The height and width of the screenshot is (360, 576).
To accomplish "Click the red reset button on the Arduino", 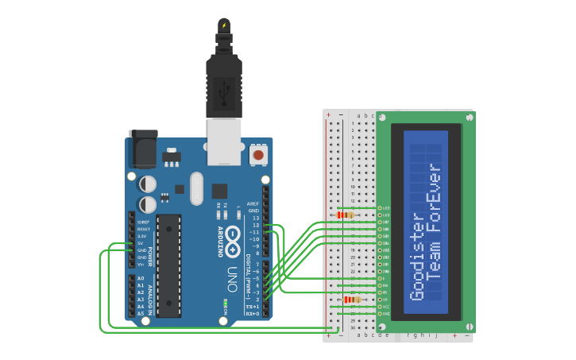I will coord(258,154).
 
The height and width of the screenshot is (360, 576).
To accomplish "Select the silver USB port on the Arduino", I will coord(223,141).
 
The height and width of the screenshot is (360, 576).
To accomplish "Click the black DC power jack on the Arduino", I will coord(143,149).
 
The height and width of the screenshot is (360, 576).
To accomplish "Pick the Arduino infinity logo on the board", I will coord(233,241).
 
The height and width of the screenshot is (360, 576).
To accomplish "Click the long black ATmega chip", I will coord(168,265).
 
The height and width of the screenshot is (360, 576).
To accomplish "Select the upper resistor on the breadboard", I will coord(346,215).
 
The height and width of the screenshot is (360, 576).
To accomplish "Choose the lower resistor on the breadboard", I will coord(353,300).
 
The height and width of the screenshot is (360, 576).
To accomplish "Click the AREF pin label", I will coord(253,203).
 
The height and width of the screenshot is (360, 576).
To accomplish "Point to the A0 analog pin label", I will coord(141,278).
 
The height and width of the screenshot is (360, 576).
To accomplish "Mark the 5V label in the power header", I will coord(141,243).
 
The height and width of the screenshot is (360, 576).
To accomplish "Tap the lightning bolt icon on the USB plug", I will coord(224,25).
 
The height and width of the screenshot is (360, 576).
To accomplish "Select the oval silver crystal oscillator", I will coord(196,188).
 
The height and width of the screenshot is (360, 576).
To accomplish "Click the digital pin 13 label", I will coord(255,218).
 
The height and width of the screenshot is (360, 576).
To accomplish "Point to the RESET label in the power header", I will coord(142,229).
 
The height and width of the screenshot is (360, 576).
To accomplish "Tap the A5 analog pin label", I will coord(141,314).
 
